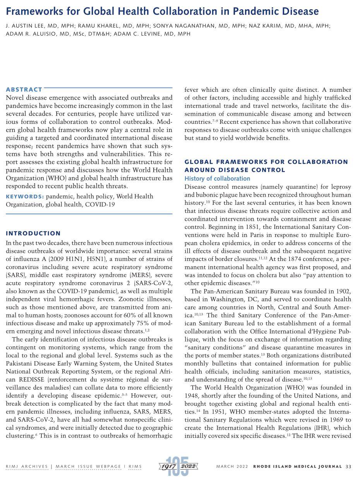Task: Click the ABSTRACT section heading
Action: click(x=24, y=89)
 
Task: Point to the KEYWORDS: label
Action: click(x=25, y=197)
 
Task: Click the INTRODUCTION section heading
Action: click(x=33, y=233)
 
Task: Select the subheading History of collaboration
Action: click(x=217, y=178)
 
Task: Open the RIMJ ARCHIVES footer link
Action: click(x=27, y=467)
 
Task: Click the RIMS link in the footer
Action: click(x=135, y=467)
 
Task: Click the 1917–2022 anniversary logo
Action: click(x=179, y=466)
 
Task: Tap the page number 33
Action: click(x=348, y=467)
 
